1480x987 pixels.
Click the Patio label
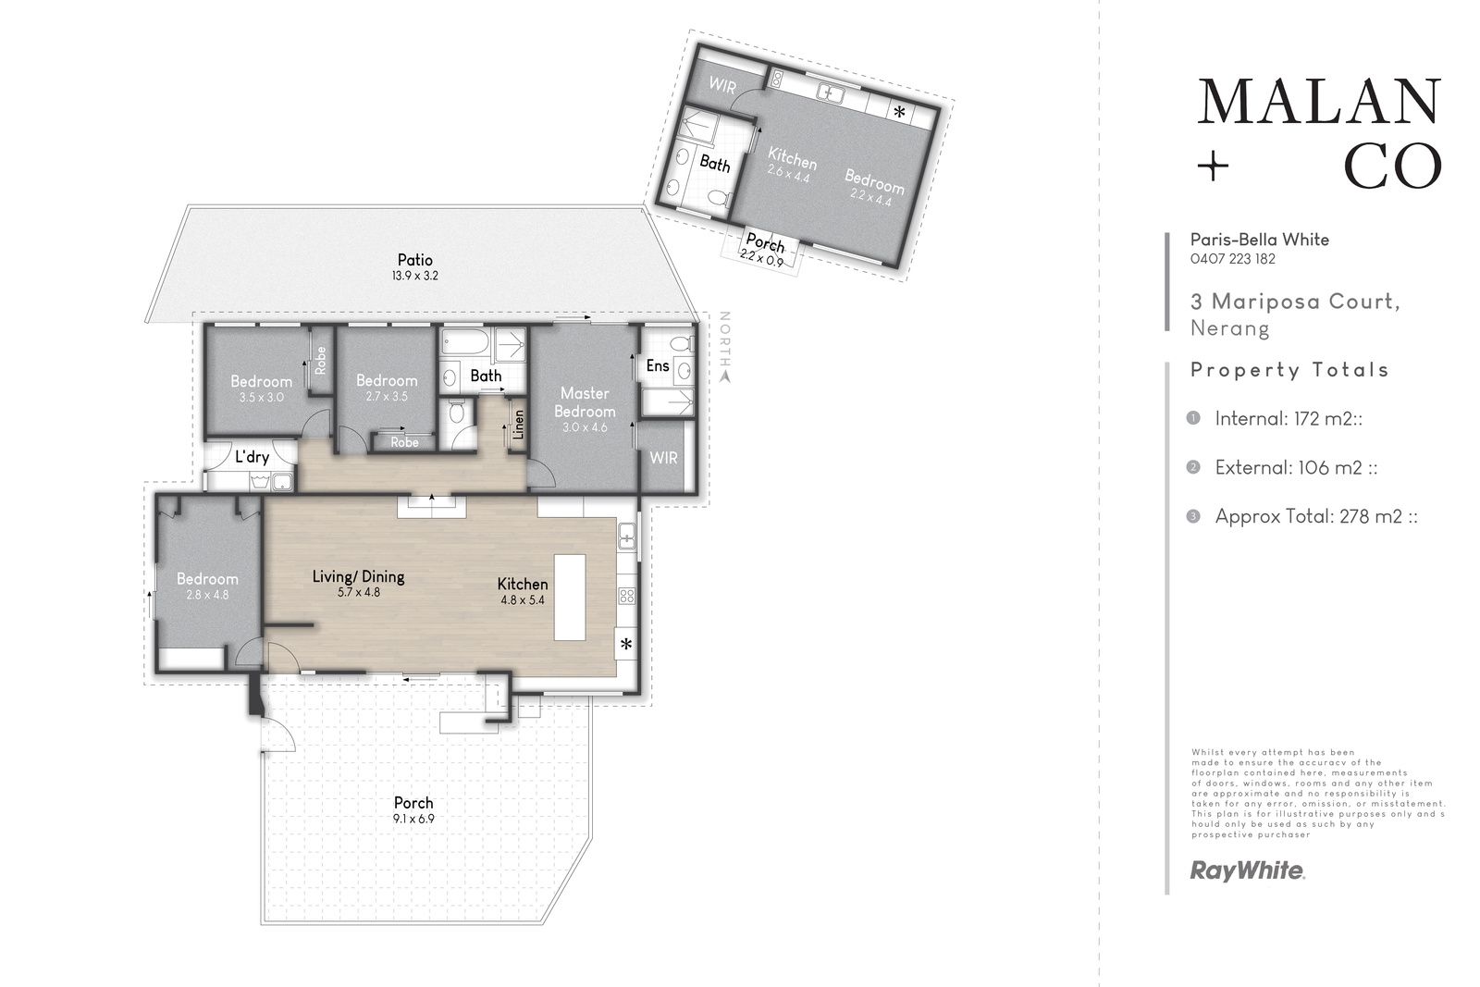(x=415, y=260)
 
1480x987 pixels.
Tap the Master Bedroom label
(x=585, y=402)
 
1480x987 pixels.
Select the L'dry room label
(x=252, y=457)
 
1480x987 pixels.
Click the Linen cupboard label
(x=519, y=425)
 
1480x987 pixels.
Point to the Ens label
(x=658, y=365)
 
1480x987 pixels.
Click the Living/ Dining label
(x=358, y=576)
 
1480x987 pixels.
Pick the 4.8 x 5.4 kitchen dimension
(x=523, y=600)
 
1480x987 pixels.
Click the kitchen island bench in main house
(x=570, y=598)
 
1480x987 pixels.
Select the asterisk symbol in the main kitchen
(x=626, y=644)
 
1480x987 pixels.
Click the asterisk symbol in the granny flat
(x=899, y=112)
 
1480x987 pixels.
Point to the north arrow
(x=725, y=376)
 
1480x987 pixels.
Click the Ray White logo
(x=1247, y=870)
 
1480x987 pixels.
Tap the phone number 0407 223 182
(x=1233, y=259)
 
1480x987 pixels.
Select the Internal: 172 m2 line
(x=1289, y=419)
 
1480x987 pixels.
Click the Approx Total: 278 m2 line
(x=1316, y=516)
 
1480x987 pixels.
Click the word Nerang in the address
(x=1230, y=328)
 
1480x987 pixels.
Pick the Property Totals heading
(x=1289, y=370)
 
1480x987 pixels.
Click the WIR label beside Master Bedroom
(x=663, y=458)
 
